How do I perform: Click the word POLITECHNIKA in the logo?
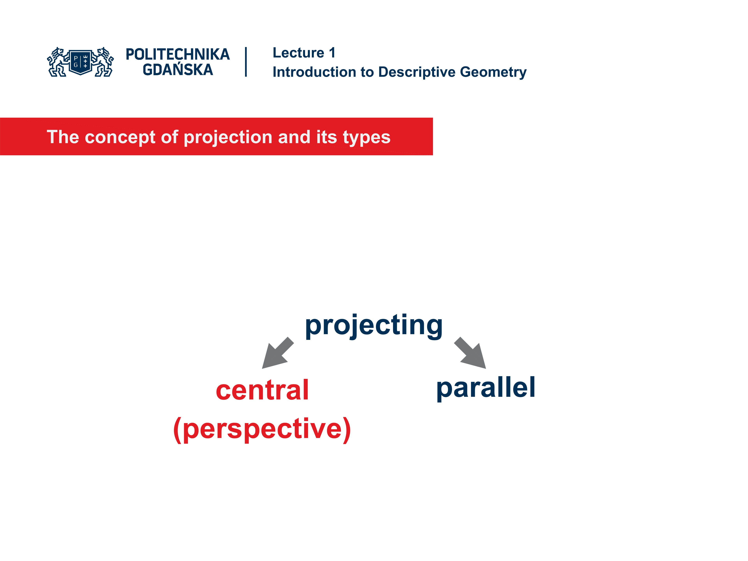tap(177, 54)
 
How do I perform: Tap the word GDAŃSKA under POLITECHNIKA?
tap(177, 70)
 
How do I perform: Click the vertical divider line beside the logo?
tap(246, 62)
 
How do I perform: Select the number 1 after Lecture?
tap(332, 53)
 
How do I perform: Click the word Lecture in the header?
tap(298, 53)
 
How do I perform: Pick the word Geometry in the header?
tap(493, 72)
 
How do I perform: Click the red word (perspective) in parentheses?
tap(262, 429)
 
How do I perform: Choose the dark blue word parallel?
tap(486, 388)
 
